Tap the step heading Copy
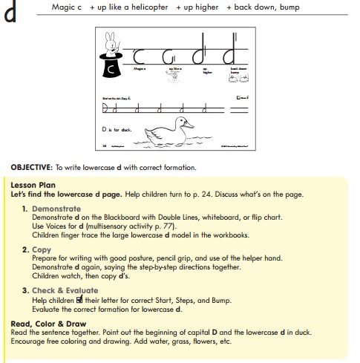pyautogui.click(x=42, y=249)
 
